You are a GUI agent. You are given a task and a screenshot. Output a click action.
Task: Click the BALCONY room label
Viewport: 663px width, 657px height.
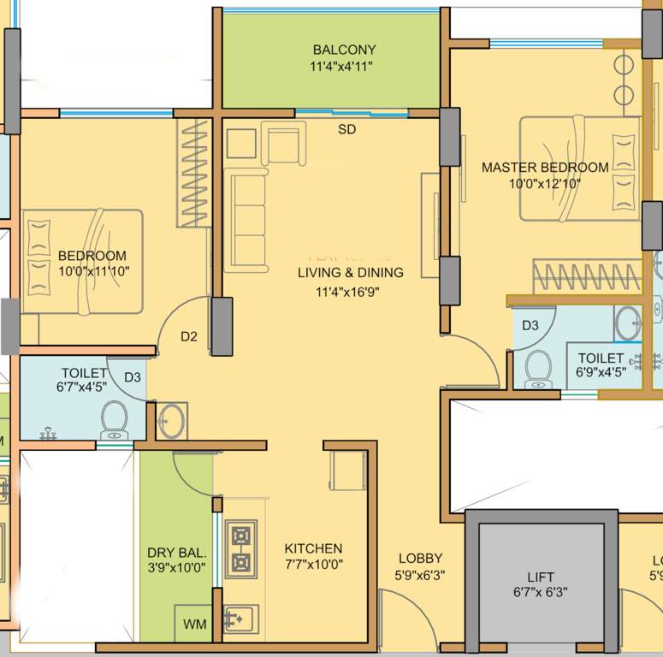(x=344, y=50)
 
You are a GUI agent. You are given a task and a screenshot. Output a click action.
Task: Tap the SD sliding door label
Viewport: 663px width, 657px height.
(x=346, y=130)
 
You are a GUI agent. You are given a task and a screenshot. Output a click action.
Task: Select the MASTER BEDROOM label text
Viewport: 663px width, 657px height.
(x=545, y=168)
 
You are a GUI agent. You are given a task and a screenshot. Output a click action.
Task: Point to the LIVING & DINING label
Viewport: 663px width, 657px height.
(x=350, y=273)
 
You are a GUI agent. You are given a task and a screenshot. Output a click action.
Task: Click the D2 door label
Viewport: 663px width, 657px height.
(x=189, y=337)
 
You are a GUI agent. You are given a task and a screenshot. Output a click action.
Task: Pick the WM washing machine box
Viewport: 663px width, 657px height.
(x=194, y=624)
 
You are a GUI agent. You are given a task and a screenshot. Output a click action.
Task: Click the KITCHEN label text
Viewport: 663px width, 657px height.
(x=313, y=548)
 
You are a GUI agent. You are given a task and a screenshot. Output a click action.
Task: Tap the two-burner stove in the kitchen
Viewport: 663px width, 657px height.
(x=241, y=548)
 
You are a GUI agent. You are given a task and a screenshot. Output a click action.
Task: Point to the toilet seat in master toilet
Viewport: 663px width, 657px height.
(x=539, y=368)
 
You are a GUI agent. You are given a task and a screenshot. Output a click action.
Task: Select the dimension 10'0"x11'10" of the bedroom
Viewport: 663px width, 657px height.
(x=92, y=271)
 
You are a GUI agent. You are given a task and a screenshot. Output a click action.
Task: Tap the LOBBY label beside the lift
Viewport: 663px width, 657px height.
(x=420, y=559)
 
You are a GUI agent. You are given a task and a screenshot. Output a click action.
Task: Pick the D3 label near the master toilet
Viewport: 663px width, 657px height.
(x=530, y=325)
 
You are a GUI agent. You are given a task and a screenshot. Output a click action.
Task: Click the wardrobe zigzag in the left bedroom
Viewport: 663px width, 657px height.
(x=192, y=173)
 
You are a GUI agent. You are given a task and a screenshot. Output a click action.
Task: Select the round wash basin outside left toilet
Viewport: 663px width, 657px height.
(x=170, y=419)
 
